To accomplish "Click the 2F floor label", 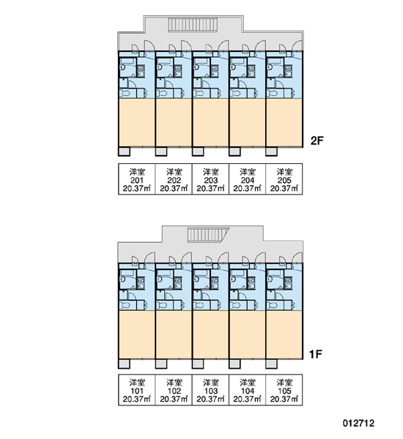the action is point(317,140).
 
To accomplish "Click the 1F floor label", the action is point(316,354).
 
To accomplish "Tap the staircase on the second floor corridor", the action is point(193,24).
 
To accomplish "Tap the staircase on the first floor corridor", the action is point(208,235).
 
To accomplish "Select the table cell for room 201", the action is point(136,179).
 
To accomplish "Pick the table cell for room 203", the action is point(210,179).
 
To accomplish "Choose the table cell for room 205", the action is point(284,179).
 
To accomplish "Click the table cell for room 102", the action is point(174,390).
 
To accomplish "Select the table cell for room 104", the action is point(247,390).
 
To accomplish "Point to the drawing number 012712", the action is point(358,423).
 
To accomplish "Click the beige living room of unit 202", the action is point(174,122).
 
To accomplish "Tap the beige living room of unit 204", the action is point(247,122).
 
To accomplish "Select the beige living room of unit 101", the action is point(136,334).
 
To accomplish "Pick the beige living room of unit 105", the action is point(284,334).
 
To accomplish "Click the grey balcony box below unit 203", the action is point(198,151).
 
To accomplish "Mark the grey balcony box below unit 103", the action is point(198,364).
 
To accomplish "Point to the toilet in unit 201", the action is point(125,93).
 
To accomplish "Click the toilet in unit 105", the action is point(272,305).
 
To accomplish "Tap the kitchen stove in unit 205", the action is point(288,71).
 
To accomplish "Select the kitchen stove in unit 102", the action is point(178,282).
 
